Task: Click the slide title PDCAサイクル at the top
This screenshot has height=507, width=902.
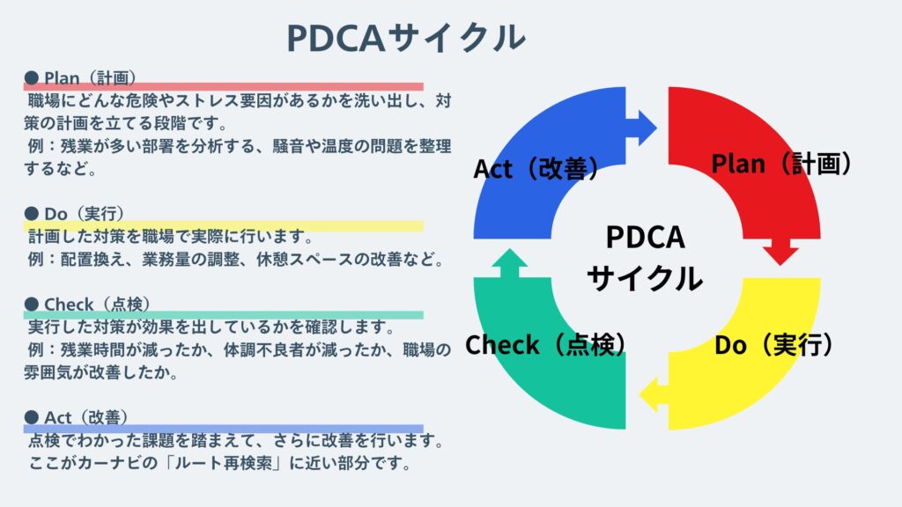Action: (406, 37)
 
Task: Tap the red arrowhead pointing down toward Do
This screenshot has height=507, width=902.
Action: (780, 252)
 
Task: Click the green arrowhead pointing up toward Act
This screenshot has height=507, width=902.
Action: (509, 262)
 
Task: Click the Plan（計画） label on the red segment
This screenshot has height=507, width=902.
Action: (781, 164)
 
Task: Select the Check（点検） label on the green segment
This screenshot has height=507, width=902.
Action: (546, 345)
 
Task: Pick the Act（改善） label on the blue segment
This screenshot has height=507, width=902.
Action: (537, 168)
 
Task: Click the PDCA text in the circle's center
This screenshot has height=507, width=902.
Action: (645, 238)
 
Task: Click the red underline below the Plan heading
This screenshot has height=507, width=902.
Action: (223, 86)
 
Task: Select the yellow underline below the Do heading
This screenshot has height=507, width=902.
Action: (223, 226)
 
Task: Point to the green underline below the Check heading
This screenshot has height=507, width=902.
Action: (223, 315)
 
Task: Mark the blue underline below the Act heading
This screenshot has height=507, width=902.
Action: (223, 429)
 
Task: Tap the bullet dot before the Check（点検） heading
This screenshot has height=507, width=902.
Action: (31, 305)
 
